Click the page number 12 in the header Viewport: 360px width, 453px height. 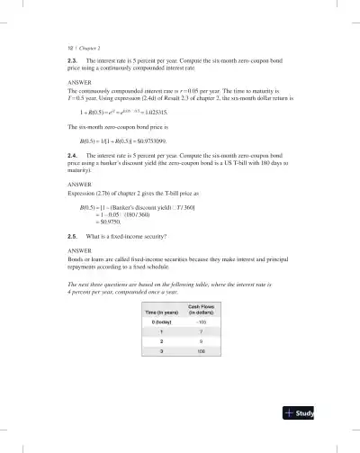click(x=71, y=43)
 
